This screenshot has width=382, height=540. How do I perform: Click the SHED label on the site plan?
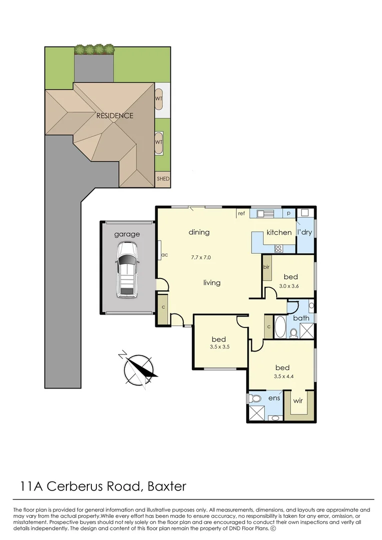click(x=163, y=178)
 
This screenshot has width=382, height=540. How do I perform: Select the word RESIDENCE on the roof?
click(x=114, y=115)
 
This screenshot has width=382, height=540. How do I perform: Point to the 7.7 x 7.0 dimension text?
click(x=201, y=257)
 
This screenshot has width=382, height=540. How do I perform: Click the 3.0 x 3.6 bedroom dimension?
click(x=289, y=286)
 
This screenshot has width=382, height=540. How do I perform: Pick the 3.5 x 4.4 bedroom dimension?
click(x=284, y=376)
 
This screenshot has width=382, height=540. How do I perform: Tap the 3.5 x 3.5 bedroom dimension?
click(x=220, y=347)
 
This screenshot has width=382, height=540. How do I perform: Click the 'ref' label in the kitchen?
click(x=241, y=213)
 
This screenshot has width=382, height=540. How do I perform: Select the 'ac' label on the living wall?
click(x=165, y=255)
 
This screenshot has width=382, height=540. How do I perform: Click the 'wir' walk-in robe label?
click(x=298, y=400)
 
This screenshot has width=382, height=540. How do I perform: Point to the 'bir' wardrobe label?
click(x=266, y=267)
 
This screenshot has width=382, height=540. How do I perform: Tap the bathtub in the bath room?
click(x=280, y=327)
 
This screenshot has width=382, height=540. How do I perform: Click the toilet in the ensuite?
click(x=255, y=398)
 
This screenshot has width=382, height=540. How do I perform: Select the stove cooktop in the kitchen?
click(x=278, y=248)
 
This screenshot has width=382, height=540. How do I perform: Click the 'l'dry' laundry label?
click(x=305, y=232)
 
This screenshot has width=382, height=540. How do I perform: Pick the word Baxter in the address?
click(x=167, y=486)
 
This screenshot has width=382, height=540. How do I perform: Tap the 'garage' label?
click(x=127, y=234)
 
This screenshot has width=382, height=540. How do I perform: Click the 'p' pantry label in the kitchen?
click(x=289, y=213)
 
